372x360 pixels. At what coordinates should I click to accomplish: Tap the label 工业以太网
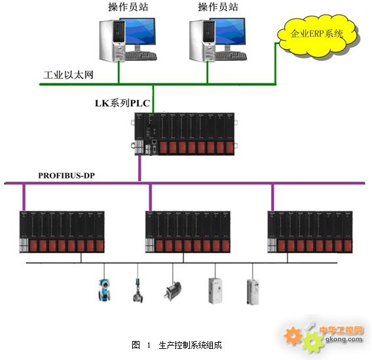pyautogui.click(x=68, y=75)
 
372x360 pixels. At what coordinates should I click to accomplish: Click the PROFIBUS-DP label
pyautogui.click(x=67, y=176)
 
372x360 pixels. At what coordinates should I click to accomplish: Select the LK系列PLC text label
pyautogui.click(x=122, y=104)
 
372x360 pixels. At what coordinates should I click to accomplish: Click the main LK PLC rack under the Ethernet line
pyautogui.click(x=184, y=134)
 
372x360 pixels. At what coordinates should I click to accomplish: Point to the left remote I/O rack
pyautogui.click(x=62, y=231)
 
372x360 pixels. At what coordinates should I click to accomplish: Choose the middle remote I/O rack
pyautogui.click(x=188, y=231)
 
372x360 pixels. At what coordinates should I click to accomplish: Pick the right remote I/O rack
pyautogui.click(x=310, y=231)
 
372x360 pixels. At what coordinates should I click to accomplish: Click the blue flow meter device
pyautogui.click(x=104, y=290)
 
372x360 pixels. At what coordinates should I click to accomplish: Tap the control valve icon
pyautogui.click(x=138, y=290)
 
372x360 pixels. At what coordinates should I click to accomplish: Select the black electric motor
pyautogui.click(x=172, y=290)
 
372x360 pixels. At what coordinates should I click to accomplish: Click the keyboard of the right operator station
pyautogui.click(x=231, y=56)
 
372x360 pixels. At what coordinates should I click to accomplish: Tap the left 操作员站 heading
pyautogui.click(x=128, y=7)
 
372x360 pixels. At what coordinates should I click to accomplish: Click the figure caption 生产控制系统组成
pyautogui.click(x=190, y=345)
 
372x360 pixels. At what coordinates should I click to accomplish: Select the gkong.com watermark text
pyautogui.click(x=344, y=339)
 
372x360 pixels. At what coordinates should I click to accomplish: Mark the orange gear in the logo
pyautogui.click(x=293, y=335)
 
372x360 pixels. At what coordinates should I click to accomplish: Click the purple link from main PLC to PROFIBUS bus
pyautogui.click(x=139, y=168)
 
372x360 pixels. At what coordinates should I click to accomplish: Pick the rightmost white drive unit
pyautogui.click(x=253, y=292)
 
